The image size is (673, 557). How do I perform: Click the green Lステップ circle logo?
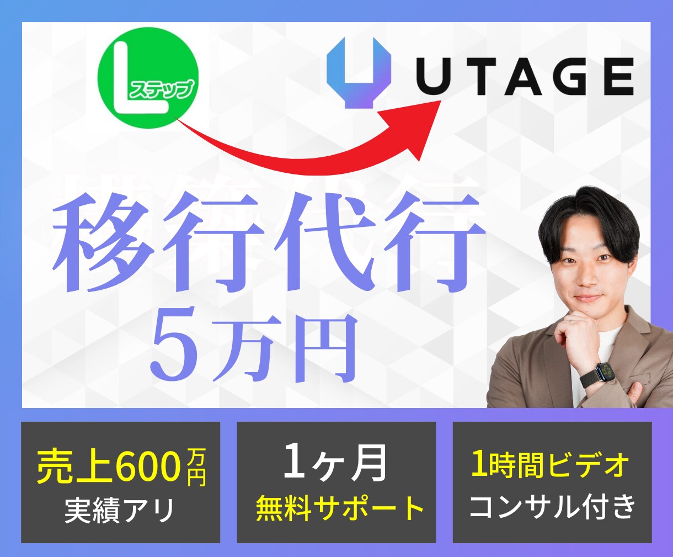(148, 78)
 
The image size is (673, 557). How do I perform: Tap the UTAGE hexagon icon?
(359, 72)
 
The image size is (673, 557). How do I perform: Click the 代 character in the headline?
(332, 243)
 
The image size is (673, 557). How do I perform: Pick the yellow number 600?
(149, 466)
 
